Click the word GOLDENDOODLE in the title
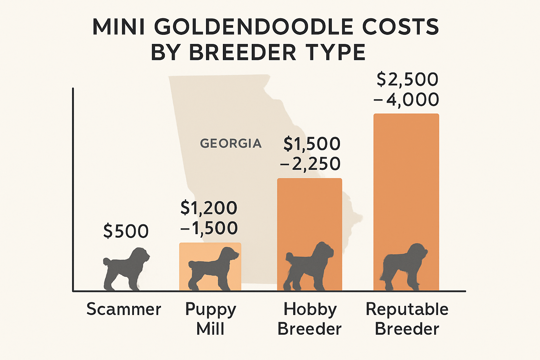[x=253, y=27]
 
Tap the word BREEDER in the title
[x=243, y=53]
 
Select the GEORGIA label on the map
[x=231, y=143]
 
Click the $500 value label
[x=126, y=231]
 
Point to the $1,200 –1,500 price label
[x=209, y=218]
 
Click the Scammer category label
[x=124, y=309]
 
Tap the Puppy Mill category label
[x=210, y=319]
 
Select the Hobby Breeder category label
[x=309, y=319]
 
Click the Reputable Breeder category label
[x=407, y=319]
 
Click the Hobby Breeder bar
[x=309, y=211]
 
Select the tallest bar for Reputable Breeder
[x=406, y=176]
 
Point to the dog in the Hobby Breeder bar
[x=308, y=267]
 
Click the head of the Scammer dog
[x=141, y=254]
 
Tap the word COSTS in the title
[x=400, y=27]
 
